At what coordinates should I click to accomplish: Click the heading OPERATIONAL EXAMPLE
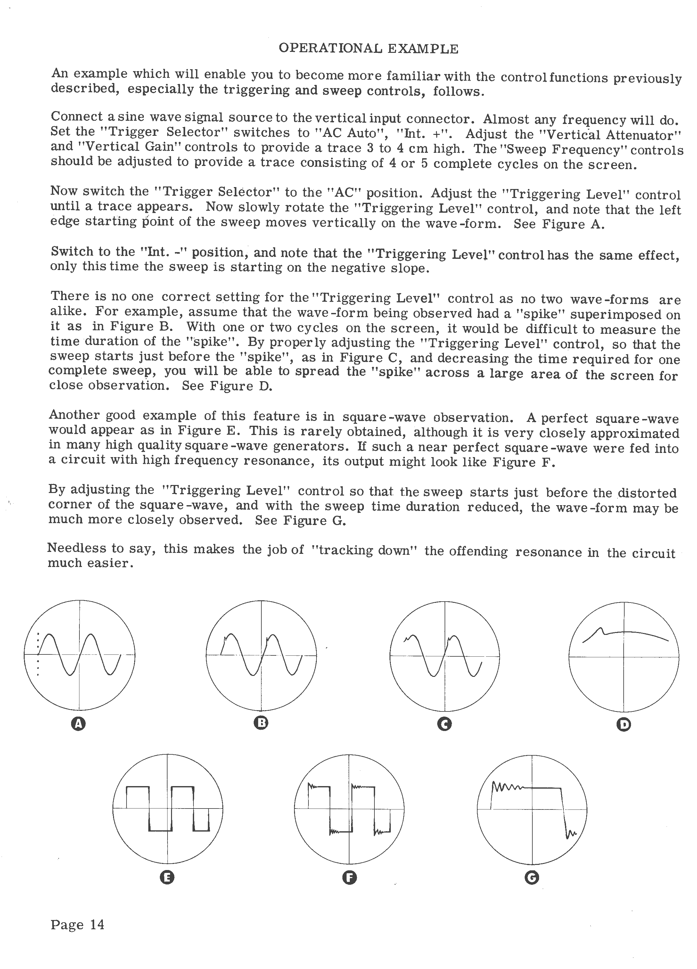pos(368,49)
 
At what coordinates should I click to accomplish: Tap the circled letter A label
pos(78,723)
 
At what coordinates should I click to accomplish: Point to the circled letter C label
pos(445,724)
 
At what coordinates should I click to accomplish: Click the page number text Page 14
pos(77,924)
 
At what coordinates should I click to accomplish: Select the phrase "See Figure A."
pos(559,224)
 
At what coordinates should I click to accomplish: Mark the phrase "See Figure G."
pos(300,521)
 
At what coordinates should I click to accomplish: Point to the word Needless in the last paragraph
pos(75,548)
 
